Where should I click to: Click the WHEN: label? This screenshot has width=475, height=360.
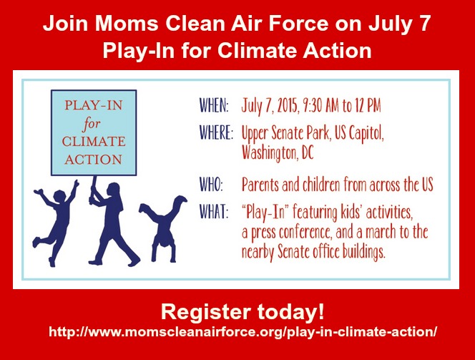214,105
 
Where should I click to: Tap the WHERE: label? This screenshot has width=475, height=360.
216,132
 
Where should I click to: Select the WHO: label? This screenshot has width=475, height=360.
211,184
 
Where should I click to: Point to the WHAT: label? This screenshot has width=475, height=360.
213,211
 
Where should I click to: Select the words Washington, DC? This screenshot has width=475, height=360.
278,153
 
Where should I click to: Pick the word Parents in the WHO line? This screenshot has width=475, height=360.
260,184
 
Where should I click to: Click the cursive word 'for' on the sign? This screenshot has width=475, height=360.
91,124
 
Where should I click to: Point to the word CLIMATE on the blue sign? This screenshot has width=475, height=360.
94,142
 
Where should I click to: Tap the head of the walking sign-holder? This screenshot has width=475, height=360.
113,190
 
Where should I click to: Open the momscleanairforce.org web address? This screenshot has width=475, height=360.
243,332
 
